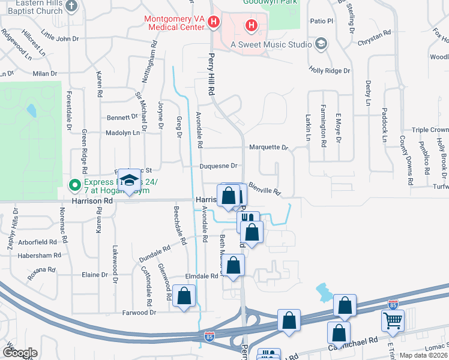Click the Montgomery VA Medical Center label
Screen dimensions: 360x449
click(174, 23)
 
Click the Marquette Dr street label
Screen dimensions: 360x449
click(268, 147)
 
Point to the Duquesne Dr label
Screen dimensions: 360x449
click(219, 166)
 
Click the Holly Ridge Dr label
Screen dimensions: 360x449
click(329, 70)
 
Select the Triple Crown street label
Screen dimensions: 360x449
click(430, 130)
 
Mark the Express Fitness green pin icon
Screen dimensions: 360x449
click(75, 184)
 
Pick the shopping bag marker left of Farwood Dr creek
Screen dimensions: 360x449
click(184, 296)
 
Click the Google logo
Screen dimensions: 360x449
click(20, 353)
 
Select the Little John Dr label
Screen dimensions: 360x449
click(59, 38)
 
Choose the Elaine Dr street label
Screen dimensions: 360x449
click(94, 275)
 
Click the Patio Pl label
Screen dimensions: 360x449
click(322, 20)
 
